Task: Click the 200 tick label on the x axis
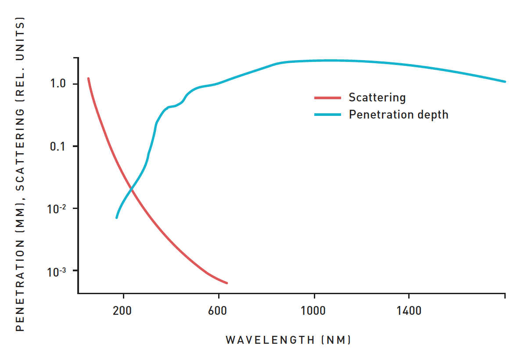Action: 122,311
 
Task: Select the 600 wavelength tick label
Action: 218,311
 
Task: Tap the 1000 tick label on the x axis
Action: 313,311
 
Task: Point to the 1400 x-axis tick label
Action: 409,311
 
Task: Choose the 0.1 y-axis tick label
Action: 58,146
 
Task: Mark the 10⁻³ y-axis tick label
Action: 56,271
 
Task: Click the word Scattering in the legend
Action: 377,97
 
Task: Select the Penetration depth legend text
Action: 398,115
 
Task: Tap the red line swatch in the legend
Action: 327,97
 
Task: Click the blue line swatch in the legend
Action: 327,115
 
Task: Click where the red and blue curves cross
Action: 131,189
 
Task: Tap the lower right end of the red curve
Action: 227,283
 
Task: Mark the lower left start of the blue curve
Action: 116,217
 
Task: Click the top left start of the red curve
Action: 89,79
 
